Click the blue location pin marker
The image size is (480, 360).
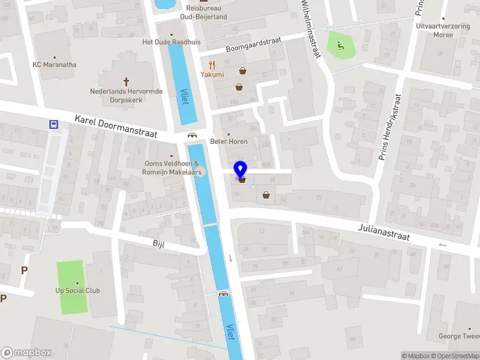pos(241,170)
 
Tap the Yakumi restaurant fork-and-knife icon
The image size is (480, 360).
pos(212,65)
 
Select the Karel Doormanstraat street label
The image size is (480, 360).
pos(116,128)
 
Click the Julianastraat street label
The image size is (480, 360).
pos(384,232)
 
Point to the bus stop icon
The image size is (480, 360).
pos(53,125)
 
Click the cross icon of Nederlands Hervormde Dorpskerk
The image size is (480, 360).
pos(126,81)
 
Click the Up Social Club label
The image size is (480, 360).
pos(77,291)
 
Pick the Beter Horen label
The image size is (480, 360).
pos(229,142)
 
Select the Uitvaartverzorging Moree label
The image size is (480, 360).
pos(442,30)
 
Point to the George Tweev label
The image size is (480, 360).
pos(458,337)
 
